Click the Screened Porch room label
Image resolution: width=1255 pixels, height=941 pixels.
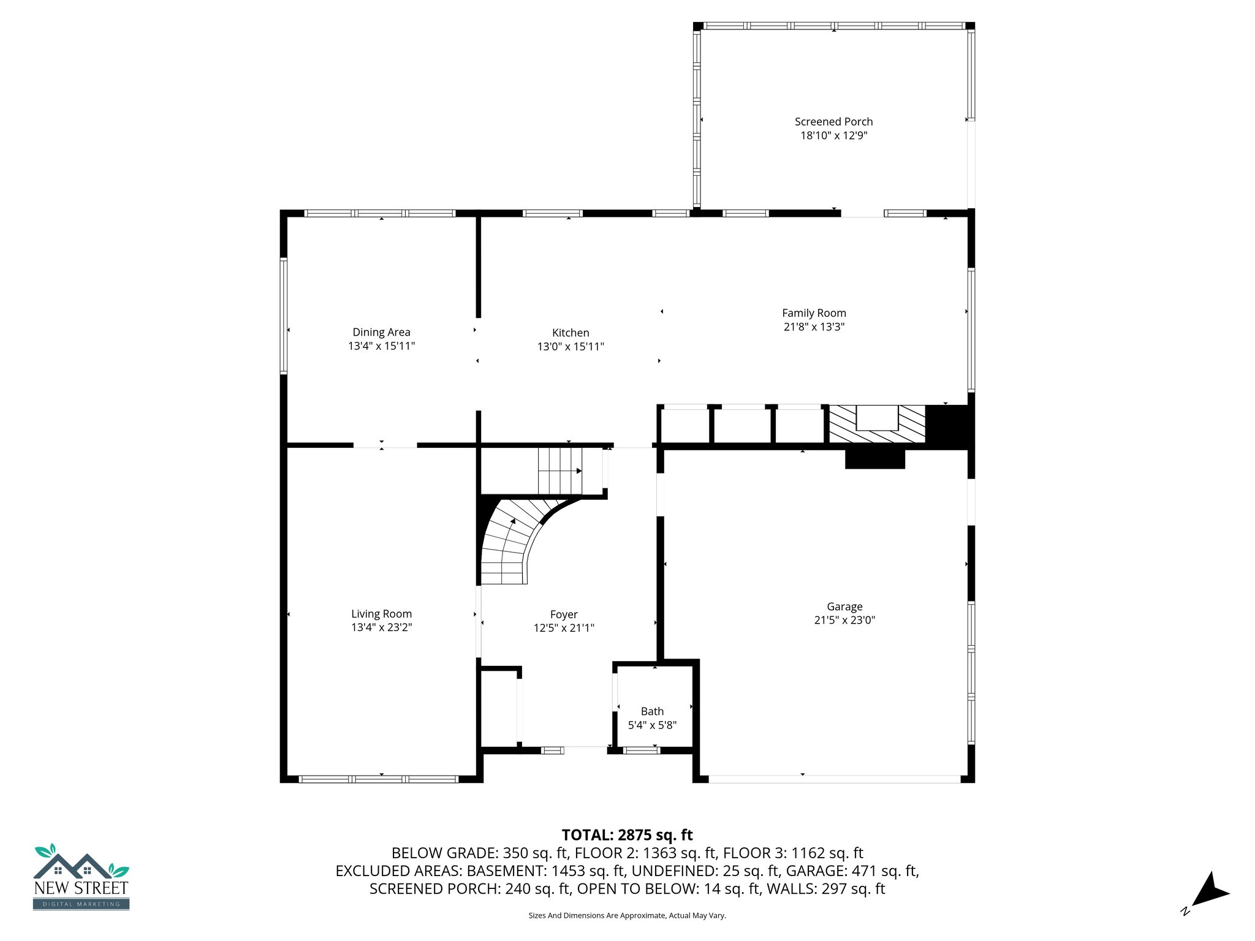pos(833,122)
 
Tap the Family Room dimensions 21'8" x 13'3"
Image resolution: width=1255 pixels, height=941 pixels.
pos(814,327)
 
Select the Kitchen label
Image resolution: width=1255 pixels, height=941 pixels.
pos(571,333)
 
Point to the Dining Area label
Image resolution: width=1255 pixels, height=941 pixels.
pos(381,332)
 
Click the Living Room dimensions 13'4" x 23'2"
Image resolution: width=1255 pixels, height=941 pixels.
pos(381,627)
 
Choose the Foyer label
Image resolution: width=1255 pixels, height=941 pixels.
pos(564,614)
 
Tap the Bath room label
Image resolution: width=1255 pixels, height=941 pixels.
pos(652,711)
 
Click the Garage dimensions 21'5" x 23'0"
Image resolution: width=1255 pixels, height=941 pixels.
pos(844,620)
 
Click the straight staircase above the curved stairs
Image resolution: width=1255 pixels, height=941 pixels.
pos(560,471)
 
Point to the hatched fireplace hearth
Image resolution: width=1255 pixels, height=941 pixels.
pos(876,424)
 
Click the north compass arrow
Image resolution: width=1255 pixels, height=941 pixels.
pos(1208,892)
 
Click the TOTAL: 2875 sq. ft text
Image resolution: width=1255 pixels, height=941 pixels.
pos(627,835)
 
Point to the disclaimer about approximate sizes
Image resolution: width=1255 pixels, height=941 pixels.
pos(627,915)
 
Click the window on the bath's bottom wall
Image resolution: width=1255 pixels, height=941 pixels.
pos(641,750)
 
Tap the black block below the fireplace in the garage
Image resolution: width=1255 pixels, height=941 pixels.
pos(874,459)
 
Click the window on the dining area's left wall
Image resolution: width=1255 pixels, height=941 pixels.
pos(284,316)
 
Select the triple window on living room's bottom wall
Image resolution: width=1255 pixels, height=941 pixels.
pos(379,779)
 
